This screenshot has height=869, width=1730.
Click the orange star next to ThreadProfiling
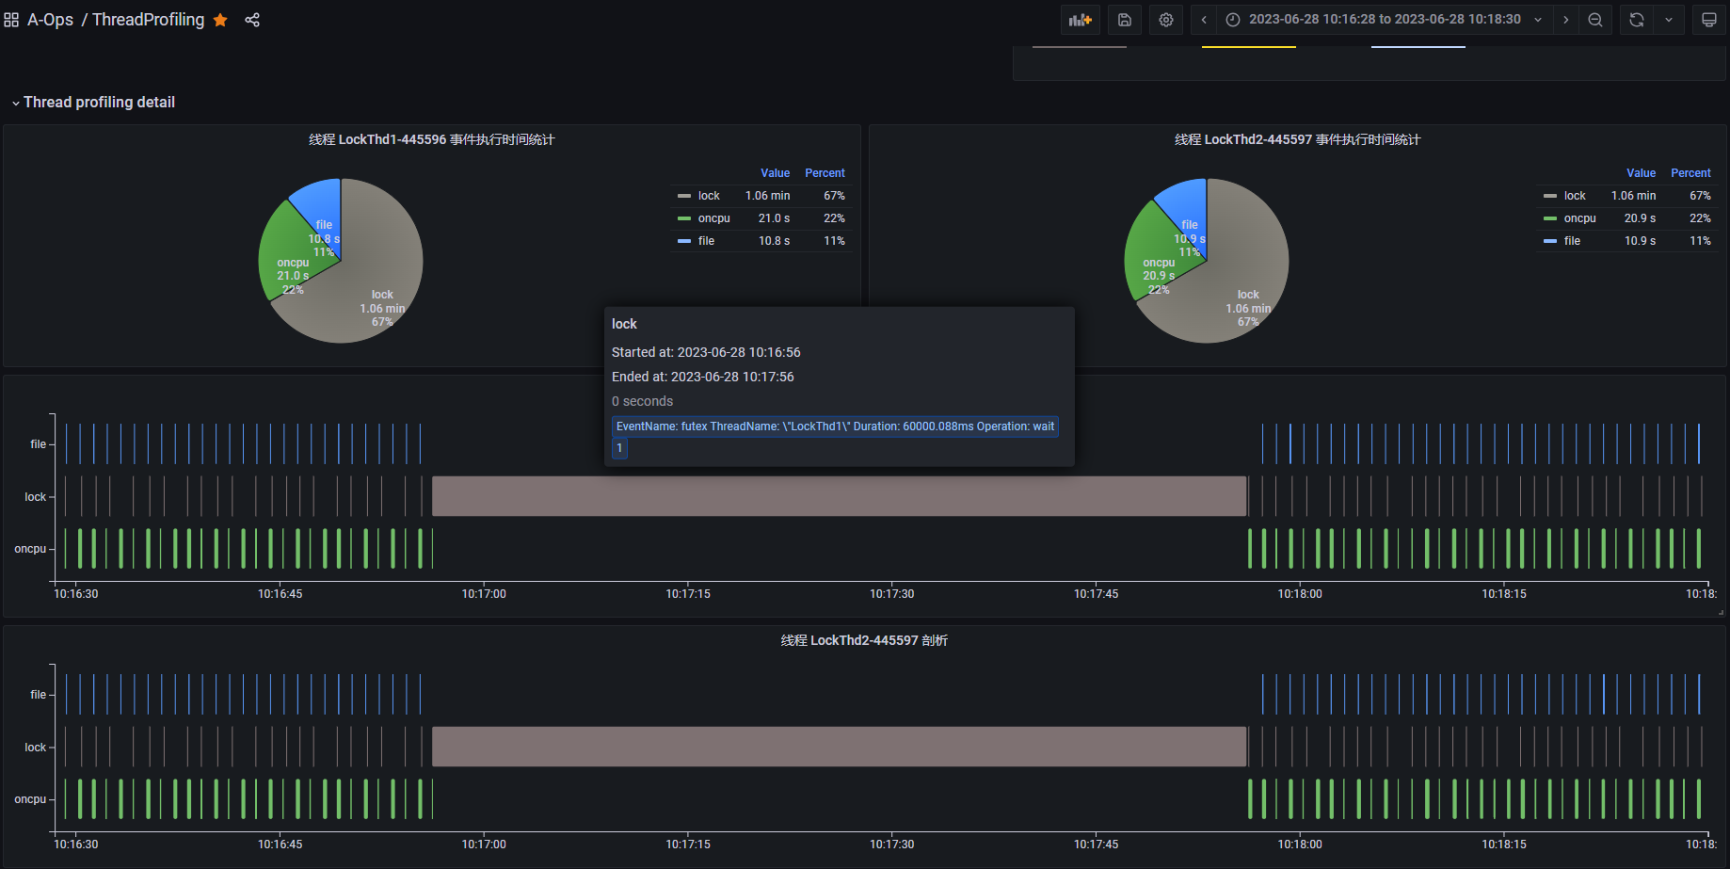[x=220, y=20]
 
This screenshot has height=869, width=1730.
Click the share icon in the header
[x=252, y=20]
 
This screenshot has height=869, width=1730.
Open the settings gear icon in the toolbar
[x=1166, y=20]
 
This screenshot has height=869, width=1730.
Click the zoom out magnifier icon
[x=1595, y=20]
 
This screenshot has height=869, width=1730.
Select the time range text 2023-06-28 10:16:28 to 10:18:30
[x=1384, y=20]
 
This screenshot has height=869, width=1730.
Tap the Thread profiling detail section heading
[x=99, y=103]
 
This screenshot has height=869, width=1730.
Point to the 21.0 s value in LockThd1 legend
[x=774, y=218]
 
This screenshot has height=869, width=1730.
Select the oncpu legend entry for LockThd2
[x=1579, y=218]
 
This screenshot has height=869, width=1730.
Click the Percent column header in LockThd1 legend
[x=825, y=173]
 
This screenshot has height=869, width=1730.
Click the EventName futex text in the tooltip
[x=834, y=426]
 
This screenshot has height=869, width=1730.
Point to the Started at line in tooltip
[x=706, y=352]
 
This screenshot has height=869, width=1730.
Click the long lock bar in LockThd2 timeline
[x=839, y=747]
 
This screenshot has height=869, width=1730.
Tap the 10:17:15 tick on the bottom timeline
[x=688, y=845]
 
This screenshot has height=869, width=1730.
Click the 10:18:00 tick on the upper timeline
[x=1300, y=594]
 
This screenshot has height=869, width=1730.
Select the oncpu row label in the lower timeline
[x=30, y=799]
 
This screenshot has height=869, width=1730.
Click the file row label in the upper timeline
[x=38, y=444]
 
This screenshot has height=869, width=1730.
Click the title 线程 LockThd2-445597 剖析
[x=864, y=640]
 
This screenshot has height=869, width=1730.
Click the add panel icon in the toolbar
[x=1081, y=20]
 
